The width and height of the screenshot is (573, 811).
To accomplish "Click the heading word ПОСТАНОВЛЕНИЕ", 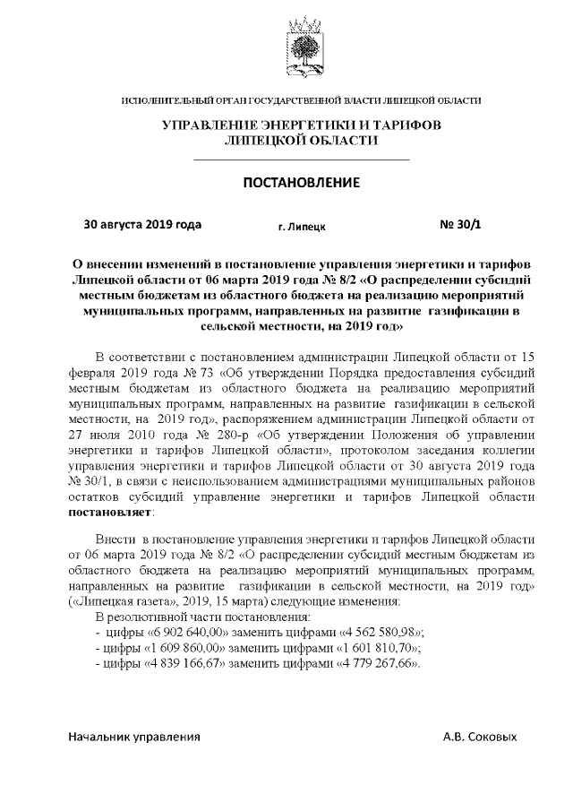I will [301, 183].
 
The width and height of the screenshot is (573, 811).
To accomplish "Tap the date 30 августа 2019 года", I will [142, 224].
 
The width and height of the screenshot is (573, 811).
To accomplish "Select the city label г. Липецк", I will [301, 227].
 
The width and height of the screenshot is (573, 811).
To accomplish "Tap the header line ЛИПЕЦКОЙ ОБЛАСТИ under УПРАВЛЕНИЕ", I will [301, 141].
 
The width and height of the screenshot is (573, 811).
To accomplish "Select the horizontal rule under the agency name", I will [301, 160].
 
